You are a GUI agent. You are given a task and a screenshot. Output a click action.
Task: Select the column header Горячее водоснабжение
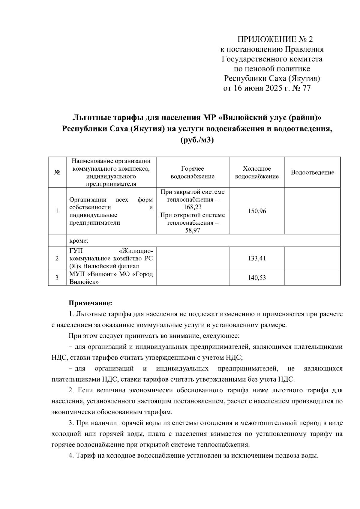192,172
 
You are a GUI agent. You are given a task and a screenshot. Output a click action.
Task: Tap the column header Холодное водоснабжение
256,172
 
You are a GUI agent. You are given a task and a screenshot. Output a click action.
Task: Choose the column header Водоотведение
312,172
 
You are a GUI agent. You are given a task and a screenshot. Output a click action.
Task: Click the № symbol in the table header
57,172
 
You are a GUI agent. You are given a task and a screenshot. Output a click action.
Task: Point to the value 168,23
193,207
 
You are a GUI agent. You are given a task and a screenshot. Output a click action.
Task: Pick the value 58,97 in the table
193,230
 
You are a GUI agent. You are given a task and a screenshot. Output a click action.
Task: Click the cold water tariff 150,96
256,211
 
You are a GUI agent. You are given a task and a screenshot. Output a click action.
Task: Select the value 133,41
256,258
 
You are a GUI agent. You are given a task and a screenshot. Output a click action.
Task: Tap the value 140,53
256,278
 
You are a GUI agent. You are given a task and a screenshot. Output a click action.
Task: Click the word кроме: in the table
79,241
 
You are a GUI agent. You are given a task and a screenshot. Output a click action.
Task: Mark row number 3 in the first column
57,278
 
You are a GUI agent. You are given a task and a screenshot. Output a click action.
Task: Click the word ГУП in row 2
76,250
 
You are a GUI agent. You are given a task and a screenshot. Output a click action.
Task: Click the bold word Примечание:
90,303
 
